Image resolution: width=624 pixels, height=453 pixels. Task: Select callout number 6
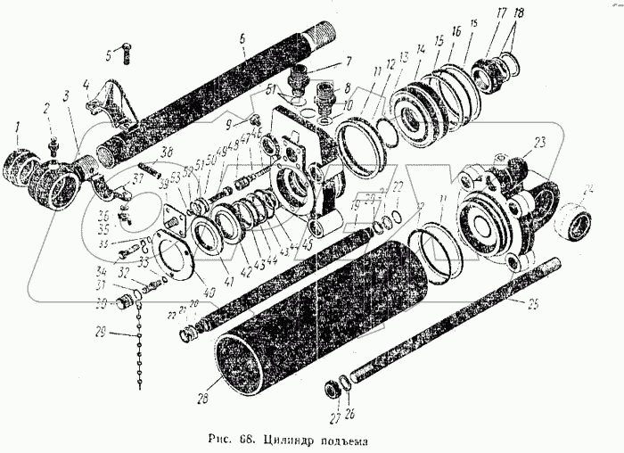[x=242, y=38]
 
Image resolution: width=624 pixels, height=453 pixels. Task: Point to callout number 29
[x=101, y=334]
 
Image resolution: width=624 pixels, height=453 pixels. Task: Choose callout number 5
[x=110, y=54]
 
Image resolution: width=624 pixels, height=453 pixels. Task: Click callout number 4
[x=86, y=86]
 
